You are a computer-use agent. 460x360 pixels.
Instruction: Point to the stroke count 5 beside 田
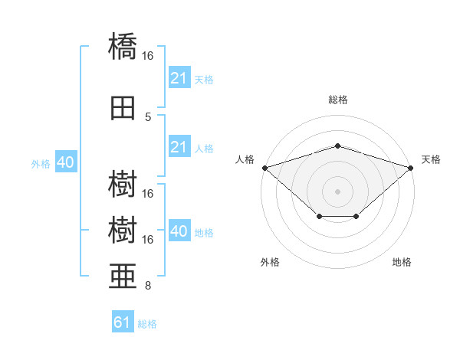pyautogui.click(x=148, y=117)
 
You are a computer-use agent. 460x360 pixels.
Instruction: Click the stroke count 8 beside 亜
pyautogui.click(x=148, y=286)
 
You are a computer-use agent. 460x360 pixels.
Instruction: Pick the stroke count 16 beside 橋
pyautogui.click(x=148, y=56)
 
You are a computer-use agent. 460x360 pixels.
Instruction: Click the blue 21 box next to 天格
pyautogui.click(x=179, y=78)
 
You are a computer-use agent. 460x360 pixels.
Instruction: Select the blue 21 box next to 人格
pyautogui.click(x=179, y=147)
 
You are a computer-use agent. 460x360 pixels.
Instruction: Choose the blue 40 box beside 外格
pyautogui.click(x=65, y=163)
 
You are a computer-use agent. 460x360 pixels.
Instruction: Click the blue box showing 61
pyautogui.click(x=122, y=322)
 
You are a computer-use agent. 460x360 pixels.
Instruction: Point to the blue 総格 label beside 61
pyautogui.click(x=147, y=324)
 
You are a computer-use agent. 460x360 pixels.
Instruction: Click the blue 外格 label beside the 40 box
pyautogui.click(x=41, y=164)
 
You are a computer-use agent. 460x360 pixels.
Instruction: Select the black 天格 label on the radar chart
pyautogui.click(x=431, y=159)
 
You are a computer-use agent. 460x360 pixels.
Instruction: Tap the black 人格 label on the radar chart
pyautogui.click(x=245, y=159)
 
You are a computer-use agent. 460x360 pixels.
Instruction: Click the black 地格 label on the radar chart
pyautogui.click(x=402, y=262)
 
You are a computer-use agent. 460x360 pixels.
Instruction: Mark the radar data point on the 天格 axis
pyautogui.click(x=412, y=167)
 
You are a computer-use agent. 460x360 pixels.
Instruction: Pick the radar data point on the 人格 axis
pyautogui.click(x=264, y=167)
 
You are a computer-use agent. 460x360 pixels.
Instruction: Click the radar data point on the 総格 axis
pyautogui.click(x=337, y=146)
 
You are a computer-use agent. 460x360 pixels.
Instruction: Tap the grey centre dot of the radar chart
pyautogui.click(x=337, y=191)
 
